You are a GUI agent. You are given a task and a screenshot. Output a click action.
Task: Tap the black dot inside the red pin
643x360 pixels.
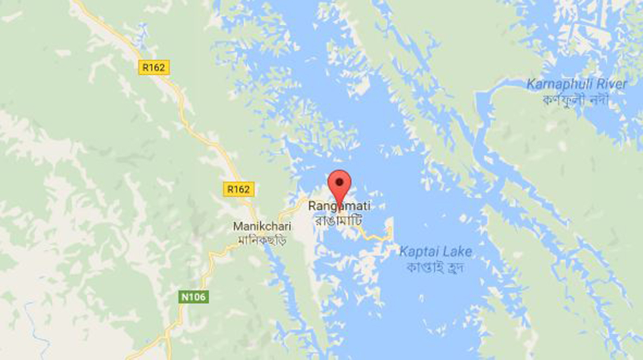click(339, 182)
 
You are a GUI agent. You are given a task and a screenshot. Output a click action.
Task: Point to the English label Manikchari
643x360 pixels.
click(262, 226)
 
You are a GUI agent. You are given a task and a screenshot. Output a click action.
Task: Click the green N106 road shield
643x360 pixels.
click(193, 297)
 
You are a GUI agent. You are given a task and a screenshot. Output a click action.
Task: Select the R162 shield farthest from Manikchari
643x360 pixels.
click(153, 67)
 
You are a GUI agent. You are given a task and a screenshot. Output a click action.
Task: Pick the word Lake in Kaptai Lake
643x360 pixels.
click(458, 252)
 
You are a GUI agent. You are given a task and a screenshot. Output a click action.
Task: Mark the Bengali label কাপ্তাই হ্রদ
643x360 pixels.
click(435, 267)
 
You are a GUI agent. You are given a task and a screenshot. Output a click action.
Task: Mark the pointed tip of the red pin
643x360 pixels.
click(339, 203)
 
